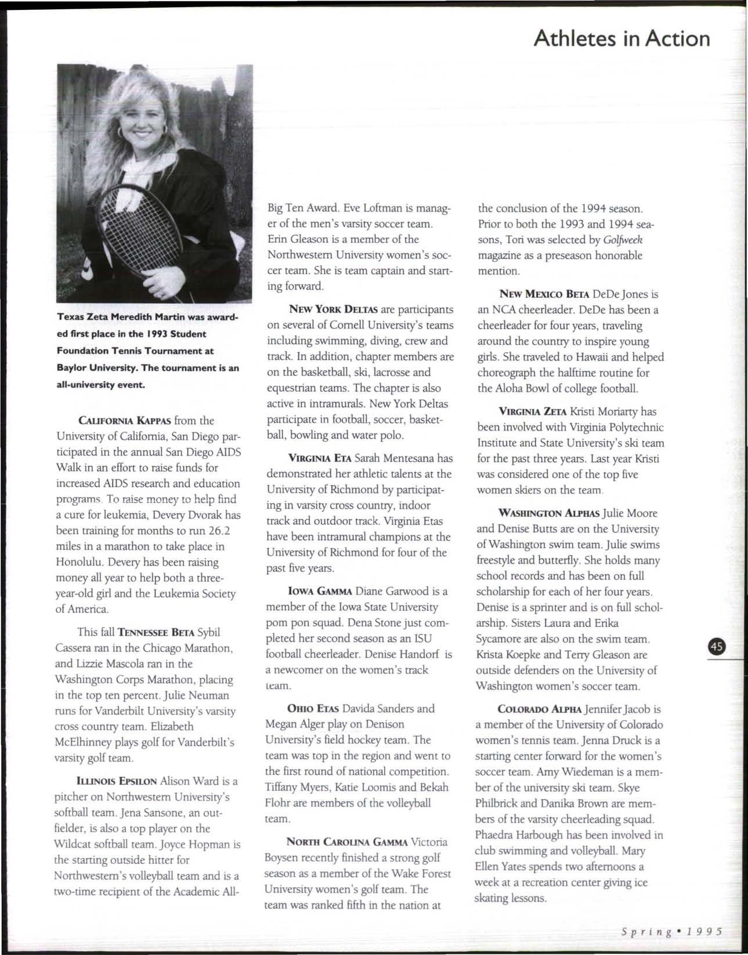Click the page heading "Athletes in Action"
(621, 38)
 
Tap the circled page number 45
(718, 647)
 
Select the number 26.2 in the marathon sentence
(223, 531)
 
